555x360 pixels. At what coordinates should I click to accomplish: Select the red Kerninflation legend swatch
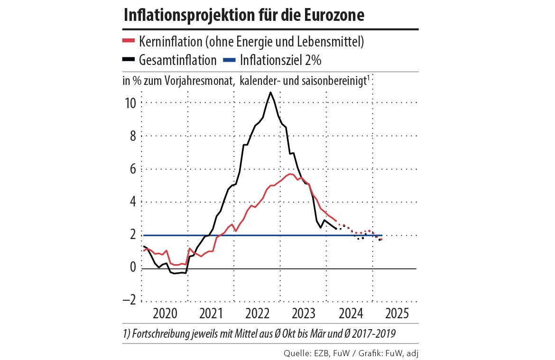pos(129,41)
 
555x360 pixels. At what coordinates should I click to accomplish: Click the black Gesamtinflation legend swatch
pos(129,60)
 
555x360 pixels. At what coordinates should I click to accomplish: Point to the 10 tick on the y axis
pos(130,103)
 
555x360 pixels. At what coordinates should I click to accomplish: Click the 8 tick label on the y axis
pos(133,136)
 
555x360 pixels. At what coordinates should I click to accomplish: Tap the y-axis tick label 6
pos(133,169)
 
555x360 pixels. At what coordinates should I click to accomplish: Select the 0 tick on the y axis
pos(133,268)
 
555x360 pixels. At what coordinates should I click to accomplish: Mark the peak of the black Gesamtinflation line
pos(270,92)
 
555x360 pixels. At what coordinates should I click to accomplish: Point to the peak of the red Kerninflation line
pos(290,174)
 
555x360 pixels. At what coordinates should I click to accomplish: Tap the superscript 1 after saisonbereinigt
pos(368,77)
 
